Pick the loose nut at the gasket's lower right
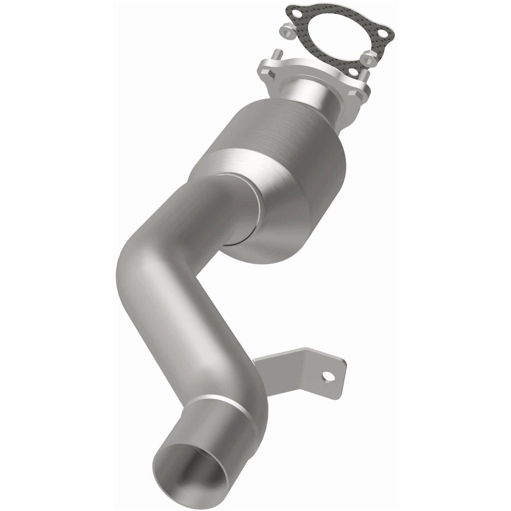pyautogui.click(x=367, y=57)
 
